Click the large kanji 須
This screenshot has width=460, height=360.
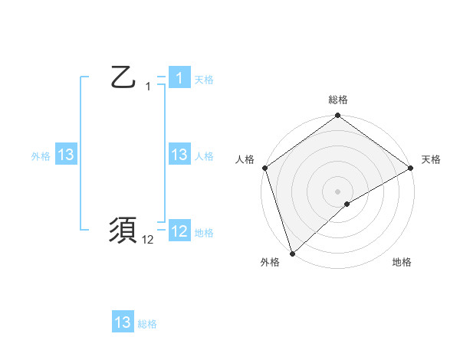pyautogui.click(x=123, y=231)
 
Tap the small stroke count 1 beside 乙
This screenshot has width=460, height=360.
pyautogui.click(x=148, y=87)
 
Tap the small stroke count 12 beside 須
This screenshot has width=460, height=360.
pyautogui.click(x=148, y=240)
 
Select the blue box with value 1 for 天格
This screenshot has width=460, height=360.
pyautogui.click(x=179, y=78)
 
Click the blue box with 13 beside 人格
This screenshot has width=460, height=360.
pyautogui.click(x=179, y=155)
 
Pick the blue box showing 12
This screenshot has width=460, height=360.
pyautogui.click(x=179, y=231)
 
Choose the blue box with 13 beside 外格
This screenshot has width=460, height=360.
pyautogui.click(x=66, y=155)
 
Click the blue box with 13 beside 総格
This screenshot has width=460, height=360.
pyautogui.click(x=123, y=322)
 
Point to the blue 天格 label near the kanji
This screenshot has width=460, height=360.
pyautogui.click(x=204, y=80)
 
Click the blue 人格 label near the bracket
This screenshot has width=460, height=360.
pyautogui.click(x=204, y=156)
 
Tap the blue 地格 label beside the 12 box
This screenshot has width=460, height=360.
pyautogui.click(x=204, y=233)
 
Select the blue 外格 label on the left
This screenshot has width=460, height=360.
pyautogui.click(x=41, y=156)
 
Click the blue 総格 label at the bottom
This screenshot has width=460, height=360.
pyautogui.click(x=147, y=324)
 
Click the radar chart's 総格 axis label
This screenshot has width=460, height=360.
pyautogui.click(x=338, y=100)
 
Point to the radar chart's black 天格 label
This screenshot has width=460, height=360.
pyautogui.click(x=432, y=159)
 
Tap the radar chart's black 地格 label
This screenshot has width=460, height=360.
pyautogui.click(x=402, y=263)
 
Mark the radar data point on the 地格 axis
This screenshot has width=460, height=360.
pyautogui.click(x=347, y=204)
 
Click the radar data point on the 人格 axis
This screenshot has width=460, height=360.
pyautogui.click(x=264, y=168)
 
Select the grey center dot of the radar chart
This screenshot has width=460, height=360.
pyautogui.click(x=337, y=191)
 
